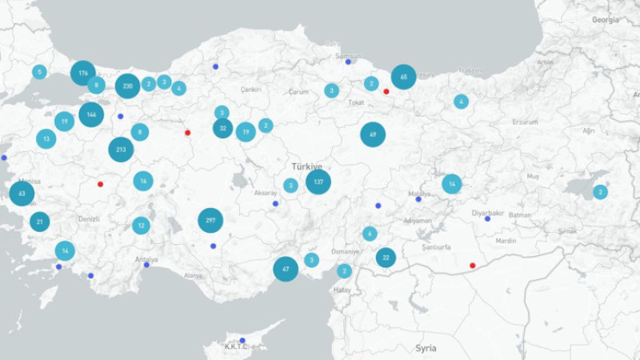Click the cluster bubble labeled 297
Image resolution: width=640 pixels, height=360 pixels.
pyautogui.click(x=210, y=220)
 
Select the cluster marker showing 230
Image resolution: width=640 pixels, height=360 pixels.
pyautogui.click(x=127, y=85)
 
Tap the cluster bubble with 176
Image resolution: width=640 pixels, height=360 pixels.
pyautogui.click(x=83, y=74)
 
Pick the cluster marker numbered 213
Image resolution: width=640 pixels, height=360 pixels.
pyautogui.click(x=121, y=149)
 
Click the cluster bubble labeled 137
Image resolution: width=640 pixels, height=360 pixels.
pyautogui.click(x=318, y=182)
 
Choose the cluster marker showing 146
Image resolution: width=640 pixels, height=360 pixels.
pyautogui.click(x=91, y=114)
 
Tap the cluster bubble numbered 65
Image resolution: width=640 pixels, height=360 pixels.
pyautogui.click(x=403, y=77)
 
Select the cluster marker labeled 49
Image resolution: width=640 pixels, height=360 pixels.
pyautogui.click(x=373, y=134)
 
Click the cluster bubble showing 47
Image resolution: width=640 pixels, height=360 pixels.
pyautogui.click(x=286, y=269)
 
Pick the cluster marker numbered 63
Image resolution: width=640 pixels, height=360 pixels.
pyautogui.click(x=22, y=193)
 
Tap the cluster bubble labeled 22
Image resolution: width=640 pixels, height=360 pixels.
pyautogui.click(x=386, y=257)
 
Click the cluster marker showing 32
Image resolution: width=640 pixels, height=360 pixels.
pyautogui.click(x=222, y=128)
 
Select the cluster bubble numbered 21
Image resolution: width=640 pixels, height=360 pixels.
pyautogui.click(x=39, y=222)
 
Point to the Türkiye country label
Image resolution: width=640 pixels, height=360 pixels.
pyautogui.click(x=306, y=166)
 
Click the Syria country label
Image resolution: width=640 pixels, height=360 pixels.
pyautogui.click(x=426, y=348)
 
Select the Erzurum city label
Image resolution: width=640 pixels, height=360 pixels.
pyautogui.click(x=525, y=122)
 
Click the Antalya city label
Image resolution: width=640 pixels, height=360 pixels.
pyautogui.click(x=146, y=259)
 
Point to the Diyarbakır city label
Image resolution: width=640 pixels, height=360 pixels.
pyautogui.click(x=487, y=213)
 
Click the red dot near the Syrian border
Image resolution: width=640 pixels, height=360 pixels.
pyautogui.click(x=472, y=266)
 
